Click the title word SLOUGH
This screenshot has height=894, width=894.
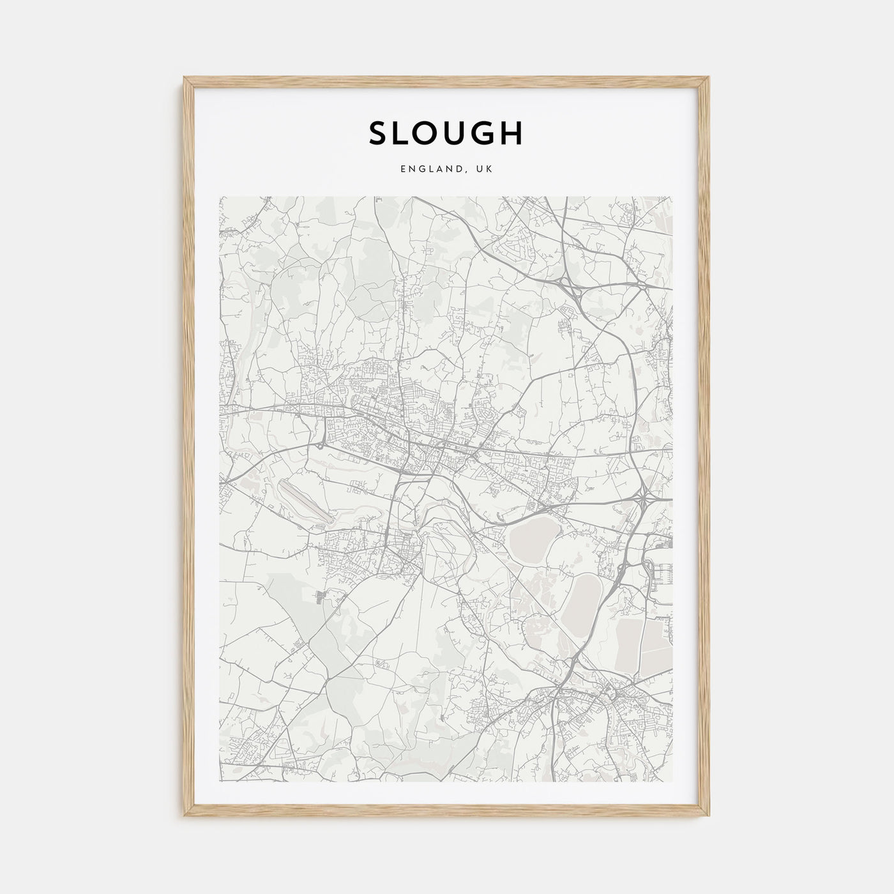(x=446, y=133)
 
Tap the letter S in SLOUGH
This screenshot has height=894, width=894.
(x=377, y=133)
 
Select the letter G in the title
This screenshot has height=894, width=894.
(x=486, y=133)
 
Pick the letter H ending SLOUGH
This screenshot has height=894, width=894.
(x=513, y=133)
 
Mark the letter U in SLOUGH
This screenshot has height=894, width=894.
(x=458, y=133)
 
